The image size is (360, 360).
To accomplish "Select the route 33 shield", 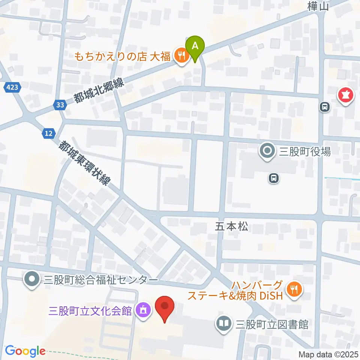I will click(60, 105).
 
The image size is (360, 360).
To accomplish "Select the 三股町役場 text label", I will click(305, 152).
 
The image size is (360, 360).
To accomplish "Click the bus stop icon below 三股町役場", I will click(274, 178).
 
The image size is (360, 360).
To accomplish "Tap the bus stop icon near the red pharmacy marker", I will click(324, 108).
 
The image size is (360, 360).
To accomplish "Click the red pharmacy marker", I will click(346, 96).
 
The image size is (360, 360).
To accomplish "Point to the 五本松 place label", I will click(232, 226).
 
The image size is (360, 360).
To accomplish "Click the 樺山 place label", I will click(318, 6).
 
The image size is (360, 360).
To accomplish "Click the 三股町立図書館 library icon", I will click(224, 323).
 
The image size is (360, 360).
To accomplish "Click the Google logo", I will click(25, 351).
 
